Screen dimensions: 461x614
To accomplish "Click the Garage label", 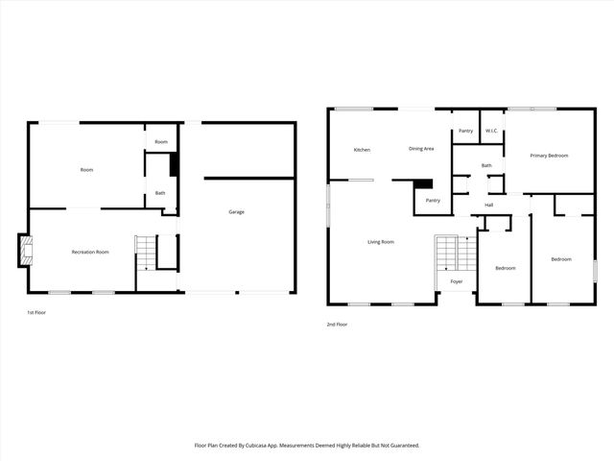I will [x=235, y=211].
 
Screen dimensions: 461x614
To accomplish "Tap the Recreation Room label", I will [x=90, y=252].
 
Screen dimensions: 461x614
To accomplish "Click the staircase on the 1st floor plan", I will [x=144, y=254].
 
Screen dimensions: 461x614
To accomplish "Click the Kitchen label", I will [x=362, y=150].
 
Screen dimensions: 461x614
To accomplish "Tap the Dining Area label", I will [x=421, y=149].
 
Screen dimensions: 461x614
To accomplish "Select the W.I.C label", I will [x=489, y=131].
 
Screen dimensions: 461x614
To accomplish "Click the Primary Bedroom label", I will [x=550, y=156].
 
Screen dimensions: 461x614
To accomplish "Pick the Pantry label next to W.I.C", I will [x=465, y=131].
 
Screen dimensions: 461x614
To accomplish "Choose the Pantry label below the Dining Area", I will [x=433, y=200].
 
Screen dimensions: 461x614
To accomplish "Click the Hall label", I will [x=488, y=205].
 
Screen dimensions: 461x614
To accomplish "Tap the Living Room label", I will [x=381, y=242].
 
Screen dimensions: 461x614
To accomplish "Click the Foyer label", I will [x=457, y=281].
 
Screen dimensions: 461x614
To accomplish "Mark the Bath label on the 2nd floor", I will [x=486, y=165].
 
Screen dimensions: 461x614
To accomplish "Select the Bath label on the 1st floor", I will [x=160, y=193].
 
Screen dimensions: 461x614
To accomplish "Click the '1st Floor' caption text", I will [x=35, y=313].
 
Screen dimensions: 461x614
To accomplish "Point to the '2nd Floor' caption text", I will [x=337, y=325].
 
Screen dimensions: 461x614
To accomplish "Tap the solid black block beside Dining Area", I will [x=423, y=183].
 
